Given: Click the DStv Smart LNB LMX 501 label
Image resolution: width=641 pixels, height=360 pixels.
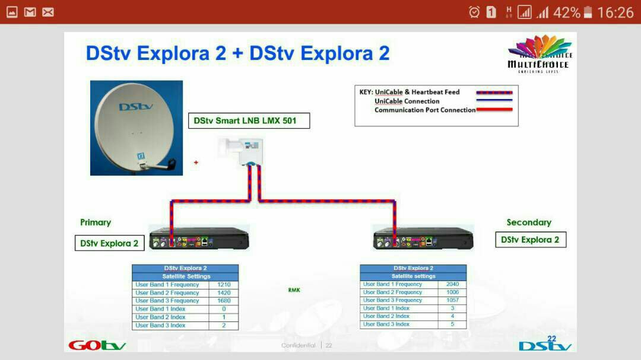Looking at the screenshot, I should tap(249, 121).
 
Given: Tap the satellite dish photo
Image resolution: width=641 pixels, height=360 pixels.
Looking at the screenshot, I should tap(137, 128).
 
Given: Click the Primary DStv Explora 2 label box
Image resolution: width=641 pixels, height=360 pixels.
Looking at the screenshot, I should tap(109, 243).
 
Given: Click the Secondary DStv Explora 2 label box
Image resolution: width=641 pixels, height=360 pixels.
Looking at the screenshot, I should tap(530, 240).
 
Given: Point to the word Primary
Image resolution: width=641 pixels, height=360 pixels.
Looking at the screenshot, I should tap(96, 222).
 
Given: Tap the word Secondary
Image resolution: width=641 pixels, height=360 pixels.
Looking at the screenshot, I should tap(529, 222).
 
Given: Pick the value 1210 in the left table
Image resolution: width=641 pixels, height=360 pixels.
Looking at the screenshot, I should tap(224, 285).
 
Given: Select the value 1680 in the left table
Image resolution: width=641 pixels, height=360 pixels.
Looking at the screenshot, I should tap(224, 301).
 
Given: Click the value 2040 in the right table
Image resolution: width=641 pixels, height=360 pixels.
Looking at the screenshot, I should tap(452, 284).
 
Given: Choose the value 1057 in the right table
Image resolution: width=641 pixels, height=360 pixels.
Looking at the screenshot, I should tap(452, 300).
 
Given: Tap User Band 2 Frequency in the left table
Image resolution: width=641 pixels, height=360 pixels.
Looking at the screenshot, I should tap(167, 293).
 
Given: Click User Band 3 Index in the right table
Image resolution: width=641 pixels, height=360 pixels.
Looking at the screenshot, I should tap(386, 324).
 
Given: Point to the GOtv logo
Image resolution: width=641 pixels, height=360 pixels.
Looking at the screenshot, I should tap(97, 345).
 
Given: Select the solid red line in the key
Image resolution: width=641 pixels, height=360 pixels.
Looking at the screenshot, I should tap(494, 110).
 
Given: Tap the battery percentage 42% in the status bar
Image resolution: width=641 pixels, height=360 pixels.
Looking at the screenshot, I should tap(567, 12).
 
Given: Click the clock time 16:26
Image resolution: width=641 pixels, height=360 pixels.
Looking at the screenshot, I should tap(615, 12).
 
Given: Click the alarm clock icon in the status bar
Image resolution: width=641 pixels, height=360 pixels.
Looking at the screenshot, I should tap(474, 12).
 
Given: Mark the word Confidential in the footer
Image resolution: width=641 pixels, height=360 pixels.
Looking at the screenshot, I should tap(299, 345).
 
